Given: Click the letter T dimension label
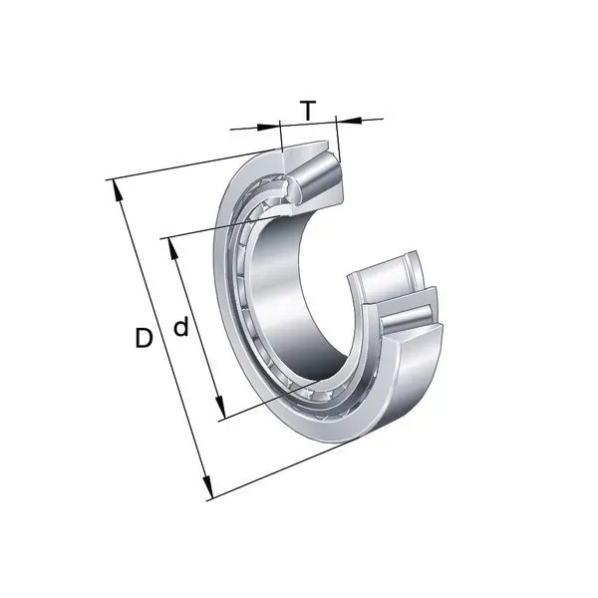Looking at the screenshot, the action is point(308,110).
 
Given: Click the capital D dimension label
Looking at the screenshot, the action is point(144,338).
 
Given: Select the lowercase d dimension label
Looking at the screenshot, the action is point(181,328).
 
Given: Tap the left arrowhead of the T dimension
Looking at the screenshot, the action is point(268,127).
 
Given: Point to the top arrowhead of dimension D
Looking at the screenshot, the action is point(117,189).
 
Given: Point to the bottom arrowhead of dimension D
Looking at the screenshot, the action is point(206,487).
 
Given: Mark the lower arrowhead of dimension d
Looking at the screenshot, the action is point(220,409).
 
